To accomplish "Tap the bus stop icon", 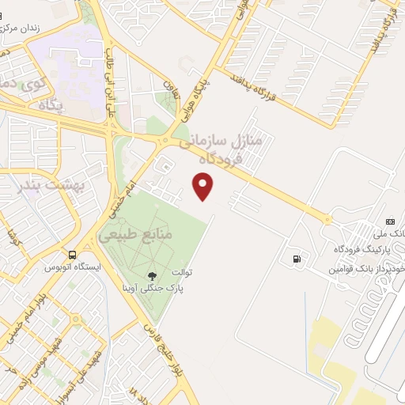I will (x=73, y=255).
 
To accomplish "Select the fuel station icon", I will (x=297, y=258).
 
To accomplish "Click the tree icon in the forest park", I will (x=150, y=276).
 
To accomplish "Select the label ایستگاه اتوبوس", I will (x=94, y=268).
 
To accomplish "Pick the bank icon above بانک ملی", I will (x=389, y=221).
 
